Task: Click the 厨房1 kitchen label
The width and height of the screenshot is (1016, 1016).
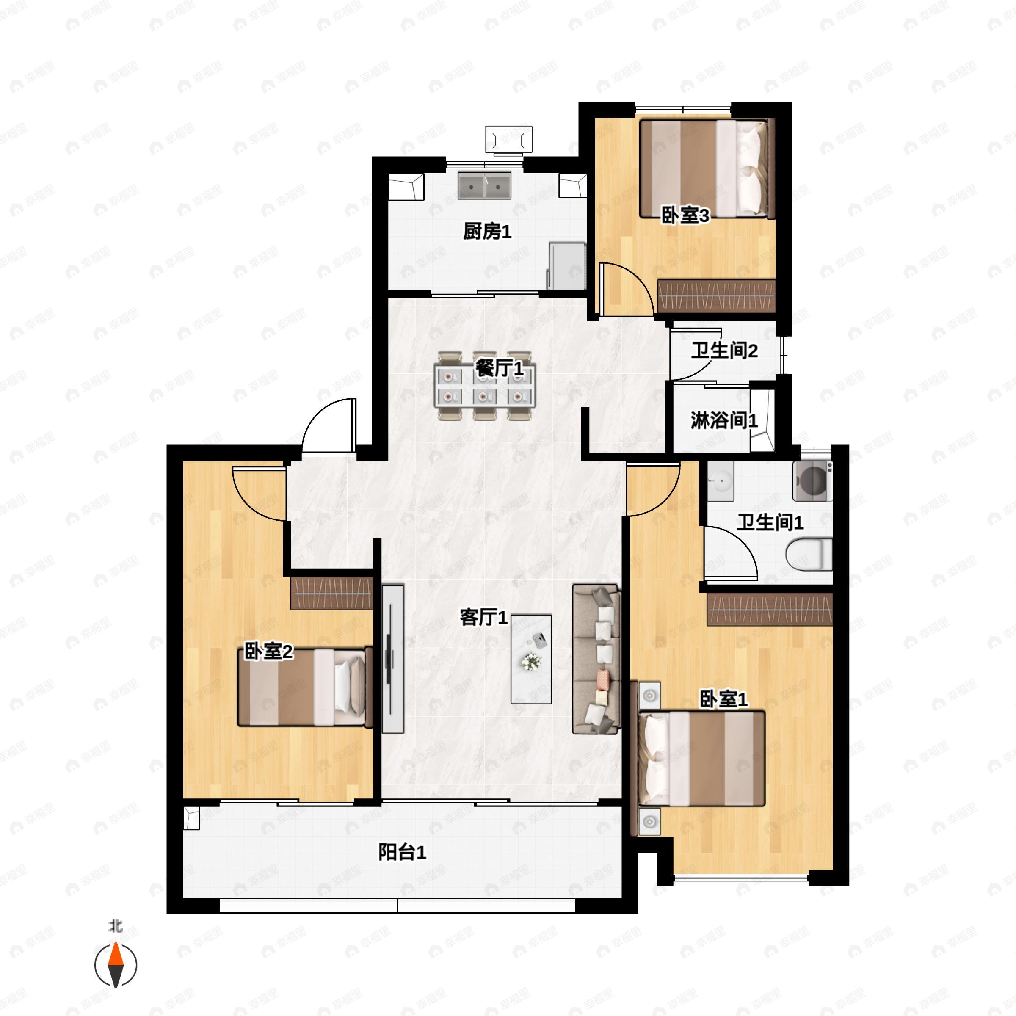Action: click(487, 232)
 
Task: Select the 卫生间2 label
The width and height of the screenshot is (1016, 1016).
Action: click(724, 351)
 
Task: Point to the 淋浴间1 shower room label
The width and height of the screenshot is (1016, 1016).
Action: click(724, 420)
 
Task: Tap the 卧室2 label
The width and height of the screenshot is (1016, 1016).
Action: click(268, 652)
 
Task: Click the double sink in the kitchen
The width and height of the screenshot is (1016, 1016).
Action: click(484, 186)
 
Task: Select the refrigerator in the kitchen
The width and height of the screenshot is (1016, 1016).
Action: click(566, 265)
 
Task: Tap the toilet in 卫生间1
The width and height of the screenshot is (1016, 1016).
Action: click(809, 554)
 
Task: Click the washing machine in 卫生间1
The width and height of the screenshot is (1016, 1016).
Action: click(812, 480)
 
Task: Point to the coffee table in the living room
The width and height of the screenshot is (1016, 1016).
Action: click(531, 659)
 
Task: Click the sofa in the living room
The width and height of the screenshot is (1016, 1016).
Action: click(597, 659)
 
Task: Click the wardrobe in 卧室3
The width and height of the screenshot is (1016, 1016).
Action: click(716, 295)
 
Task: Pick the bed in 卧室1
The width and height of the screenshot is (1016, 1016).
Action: click(701, 758)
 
